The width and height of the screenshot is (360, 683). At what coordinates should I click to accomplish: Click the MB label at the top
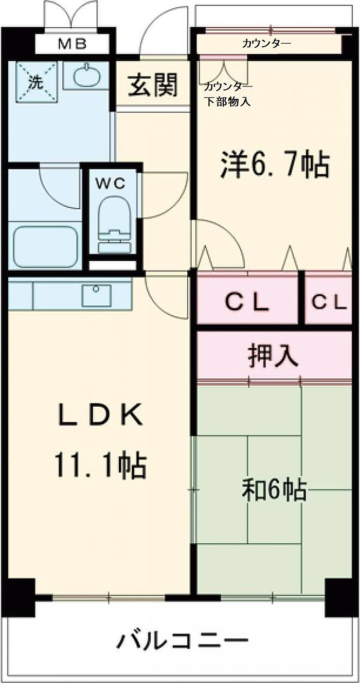pyautogui.click(x=73, y=45)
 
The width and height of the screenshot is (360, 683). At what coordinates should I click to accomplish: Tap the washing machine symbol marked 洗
pyautogui.click(x=37, y=82)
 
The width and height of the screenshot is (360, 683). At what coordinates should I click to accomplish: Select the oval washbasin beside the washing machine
pyautogui.click(x=86, y=75)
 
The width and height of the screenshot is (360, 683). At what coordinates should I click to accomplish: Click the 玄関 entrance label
pyautogui.click(x=152, y=85)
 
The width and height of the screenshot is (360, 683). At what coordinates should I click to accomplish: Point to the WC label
pyautogui.click(x=110, y=183)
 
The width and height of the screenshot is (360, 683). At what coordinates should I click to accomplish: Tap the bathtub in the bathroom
pyautogui.click(x=45, y=247)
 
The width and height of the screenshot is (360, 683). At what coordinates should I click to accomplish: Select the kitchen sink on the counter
pyautogui.click(x=97, y=295)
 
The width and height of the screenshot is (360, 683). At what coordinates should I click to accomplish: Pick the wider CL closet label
pyautogui.click(x=247, y=302)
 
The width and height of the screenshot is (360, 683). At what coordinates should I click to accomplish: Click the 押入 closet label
pyautogui.click(x=273, y=356)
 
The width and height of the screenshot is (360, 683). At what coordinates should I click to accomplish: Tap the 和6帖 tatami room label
pyautogui.click(x=274, y=490)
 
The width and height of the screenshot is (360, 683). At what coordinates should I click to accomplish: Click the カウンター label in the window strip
pyautogui.click(x=266, y=44)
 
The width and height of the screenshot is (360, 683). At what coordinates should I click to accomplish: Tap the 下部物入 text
pyautogui.click(x=227, y=102)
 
